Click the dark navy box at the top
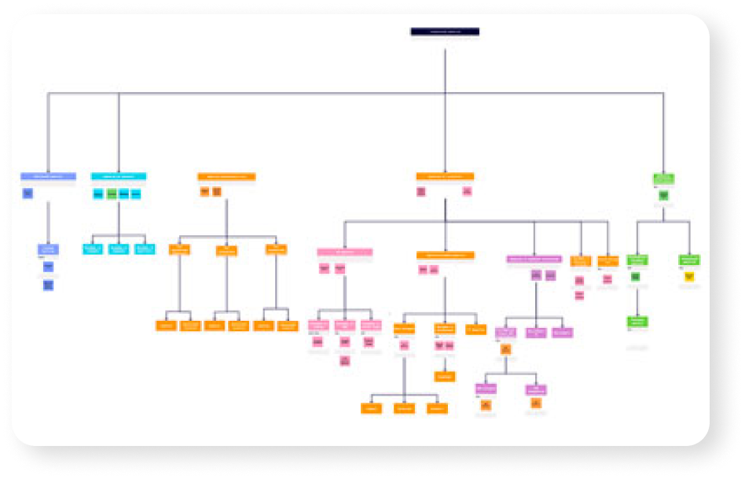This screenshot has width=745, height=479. tap(445, 32)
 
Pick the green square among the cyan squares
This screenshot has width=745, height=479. tap(112, 193)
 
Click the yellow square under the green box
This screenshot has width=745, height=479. tap(689, 277)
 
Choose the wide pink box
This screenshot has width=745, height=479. tap(345, 252)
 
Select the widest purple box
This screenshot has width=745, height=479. tap(534, 259)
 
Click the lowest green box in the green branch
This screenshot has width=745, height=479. tap(637, 321)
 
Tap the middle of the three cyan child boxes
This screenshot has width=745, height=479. tap(119, 249)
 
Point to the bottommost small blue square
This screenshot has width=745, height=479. tap(49, 286)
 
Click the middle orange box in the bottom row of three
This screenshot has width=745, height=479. tap(404, 408)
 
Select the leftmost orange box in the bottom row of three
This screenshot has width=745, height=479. tap(371, 408)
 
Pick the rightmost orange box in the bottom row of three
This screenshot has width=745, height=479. tap(437, 408)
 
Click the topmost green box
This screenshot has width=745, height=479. tap(663, 179)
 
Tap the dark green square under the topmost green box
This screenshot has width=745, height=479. tap(663, 194)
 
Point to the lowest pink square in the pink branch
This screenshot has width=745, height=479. tap(344, 360)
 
